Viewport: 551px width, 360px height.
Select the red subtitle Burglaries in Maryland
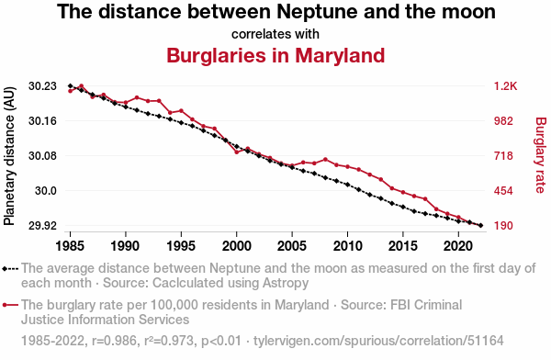click(275, 55)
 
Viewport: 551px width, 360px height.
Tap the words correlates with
click(275, 34)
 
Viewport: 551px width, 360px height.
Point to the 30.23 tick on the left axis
click(42, 86)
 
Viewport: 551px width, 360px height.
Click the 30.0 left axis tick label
click(46, 191)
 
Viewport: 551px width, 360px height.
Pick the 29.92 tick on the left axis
click(42, 226)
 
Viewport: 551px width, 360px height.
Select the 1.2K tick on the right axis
click(505, 86)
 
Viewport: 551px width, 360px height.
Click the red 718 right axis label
click(503, 156)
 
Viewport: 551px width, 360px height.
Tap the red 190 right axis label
click(503, 226)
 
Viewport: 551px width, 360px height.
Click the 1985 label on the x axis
click(70, 246)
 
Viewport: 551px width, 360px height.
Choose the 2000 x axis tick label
click(237, 246)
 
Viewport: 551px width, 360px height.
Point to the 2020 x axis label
click(458, 246)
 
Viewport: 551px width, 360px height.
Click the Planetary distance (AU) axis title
click(9, 156)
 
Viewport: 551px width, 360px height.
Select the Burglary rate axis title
click(540, 155)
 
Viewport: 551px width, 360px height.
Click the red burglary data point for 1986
click(81, 85)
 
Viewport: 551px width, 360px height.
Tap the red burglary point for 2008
click(325, 160)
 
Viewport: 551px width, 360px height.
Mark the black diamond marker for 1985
click(71, 86)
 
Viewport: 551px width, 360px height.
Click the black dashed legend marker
click(10, 269)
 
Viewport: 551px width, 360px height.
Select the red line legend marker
click(10, 305)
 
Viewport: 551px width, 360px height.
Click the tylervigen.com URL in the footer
click(378, 341)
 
